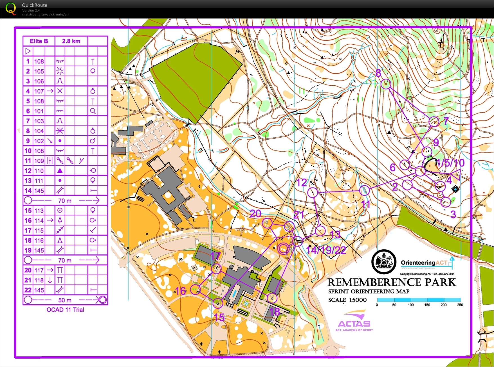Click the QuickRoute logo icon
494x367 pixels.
(11, 9)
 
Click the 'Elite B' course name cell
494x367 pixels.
(39, 41)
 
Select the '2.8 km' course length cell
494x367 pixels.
(71, 41)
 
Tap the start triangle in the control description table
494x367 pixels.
(28, 51)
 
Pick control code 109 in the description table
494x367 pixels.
(39, 161)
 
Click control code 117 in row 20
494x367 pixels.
(39, 270)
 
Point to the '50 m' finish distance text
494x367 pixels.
(65, 300)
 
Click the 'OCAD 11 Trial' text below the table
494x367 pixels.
(65, 310)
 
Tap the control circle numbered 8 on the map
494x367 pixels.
(386, 84)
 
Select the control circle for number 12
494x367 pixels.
(313, 193)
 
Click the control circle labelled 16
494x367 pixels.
(195, 290)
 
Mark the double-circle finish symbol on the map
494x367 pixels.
(283, 249)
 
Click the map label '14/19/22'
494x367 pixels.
(326, 250)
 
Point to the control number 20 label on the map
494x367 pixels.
(255, 214)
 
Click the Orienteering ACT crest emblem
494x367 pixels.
(384, 262)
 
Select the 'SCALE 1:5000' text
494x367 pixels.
(347, 300)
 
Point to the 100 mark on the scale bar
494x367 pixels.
(410, 305)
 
